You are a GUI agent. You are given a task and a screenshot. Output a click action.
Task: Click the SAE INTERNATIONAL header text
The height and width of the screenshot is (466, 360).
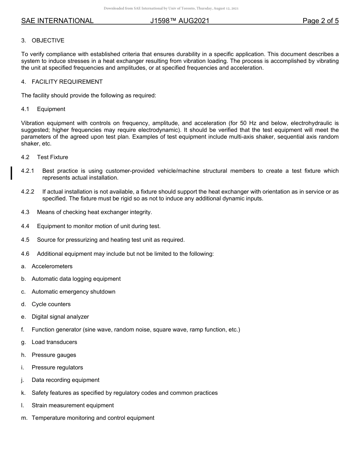point(57,21)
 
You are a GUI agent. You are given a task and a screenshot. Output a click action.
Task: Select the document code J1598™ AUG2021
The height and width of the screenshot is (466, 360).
point(180,21)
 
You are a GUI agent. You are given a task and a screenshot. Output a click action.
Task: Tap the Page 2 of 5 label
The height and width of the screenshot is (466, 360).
point(320,21)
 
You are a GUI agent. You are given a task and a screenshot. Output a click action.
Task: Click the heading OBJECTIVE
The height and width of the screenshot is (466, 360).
point(48,41)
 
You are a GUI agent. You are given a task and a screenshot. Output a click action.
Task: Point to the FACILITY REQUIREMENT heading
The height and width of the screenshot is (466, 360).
point(67,82)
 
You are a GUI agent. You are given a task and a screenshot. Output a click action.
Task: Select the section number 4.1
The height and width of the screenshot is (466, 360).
point(25,109)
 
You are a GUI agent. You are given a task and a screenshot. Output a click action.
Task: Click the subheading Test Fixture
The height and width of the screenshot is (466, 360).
point(52,157)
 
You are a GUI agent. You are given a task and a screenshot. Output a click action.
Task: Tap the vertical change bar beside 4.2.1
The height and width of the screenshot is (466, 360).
point(11,172)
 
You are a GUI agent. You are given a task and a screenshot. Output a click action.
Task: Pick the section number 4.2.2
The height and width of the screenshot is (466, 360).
point(28,192)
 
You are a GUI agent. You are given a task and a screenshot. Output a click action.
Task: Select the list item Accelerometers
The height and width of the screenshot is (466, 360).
point(52,266)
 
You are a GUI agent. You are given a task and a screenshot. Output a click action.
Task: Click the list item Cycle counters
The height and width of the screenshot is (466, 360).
point(51,304)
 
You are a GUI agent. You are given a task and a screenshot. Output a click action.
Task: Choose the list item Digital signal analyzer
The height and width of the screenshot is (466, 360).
point(60,317)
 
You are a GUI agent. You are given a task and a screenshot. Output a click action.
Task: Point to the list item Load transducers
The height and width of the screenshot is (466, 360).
point(54,342)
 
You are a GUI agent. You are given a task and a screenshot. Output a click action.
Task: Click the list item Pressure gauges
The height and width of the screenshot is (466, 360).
point(54,355)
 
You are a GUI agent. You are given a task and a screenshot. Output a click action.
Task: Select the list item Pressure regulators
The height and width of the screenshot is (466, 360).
point(57,367)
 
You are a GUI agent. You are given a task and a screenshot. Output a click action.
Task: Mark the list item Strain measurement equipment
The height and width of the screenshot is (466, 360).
point(72,405)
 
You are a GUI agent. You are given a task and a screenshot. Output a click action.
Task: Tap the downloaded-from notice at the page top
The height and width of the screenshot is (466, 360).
point(171,8)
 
